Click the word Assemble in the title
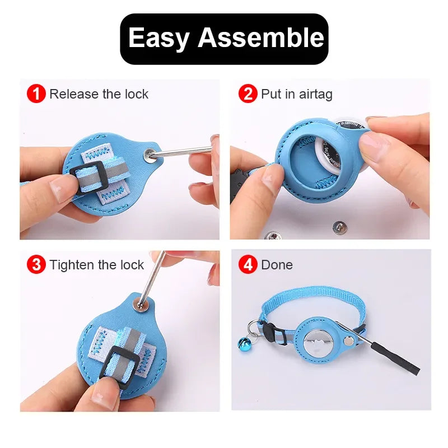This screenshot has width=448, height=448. pyautogui.click(x=261, y=38)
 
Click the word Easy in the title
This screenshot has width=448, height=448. pyautogui.click(x=159, y=38)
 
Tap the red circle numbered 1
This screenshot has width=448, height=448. pyautogui.click(x=36, y=94)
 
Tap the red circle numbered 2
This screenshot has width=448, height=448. pyautogui.click(x=248, y=94)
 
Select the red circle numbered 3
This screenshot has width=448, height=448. pyautogui.click(x=36, y=264)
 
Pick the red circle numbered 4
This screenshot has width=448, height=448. pyautogui.click(x=248, y=264)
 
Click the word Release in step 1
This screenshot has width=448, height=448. pyautogui.click(x=73, y=94)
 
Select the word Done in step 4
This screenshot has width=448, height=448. pyautogui.click(x=277, y=264)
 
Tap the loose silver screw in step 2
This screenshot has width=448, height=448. pyautogui.click(x=338, y=227)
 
